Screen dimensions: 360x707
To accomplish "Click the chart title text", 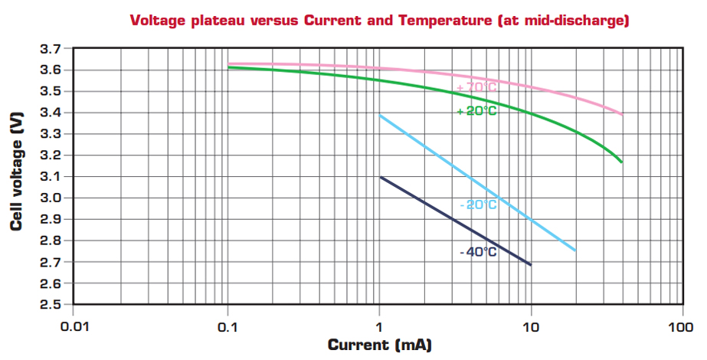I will (379, 21).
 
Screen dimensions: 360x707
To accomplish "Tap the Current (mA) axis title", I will (379, 345).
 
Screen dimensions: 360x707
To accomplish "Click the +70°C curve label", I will (476, 88).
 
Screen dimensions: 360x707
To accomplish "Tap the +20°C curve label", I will (476, 111).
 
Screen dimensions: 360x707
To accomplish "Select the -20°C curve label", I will (479, 205).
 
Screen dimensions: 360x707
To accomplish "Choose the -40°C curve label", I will (479, 252).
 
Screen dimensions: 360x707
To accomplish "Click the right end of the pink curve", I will (622, 114).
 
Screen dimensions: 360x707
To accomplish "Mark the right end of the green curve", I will (621, 162).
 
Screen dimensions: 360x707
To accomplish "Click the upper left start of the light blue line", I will (380, 115).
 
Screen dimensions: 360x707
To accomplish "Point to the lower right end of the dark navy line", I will (530, 265).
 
